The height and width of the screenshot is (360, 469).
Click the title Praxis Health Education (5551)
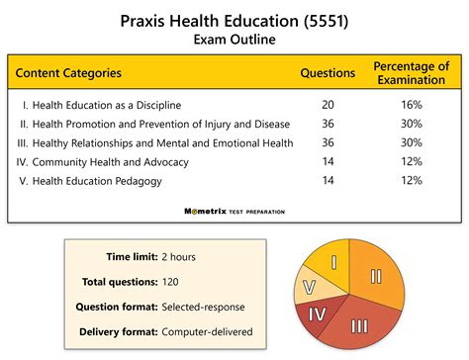pos(234,20)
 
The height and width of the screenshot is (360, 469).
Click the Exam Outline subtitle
pos(234,40)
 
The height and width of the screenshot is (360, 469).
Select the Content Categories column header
pos(68,72)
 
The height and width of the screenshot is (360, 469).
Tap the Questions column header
pos(328,72)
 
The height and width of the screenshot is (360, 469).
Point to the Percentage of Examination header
pos(412,72)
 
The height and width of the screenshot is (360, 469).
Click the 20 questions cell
pos(328,105)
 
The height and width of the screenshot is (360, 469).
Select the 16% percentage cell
pos(412,105)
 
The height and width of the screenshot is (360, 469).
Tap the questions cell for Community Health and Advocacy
pos(328,161)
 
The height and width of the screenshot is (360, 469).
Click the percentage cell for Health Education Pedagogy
pos(412,180)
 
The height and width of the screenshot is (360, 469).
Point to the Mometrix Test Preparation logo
pos(234,211)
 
